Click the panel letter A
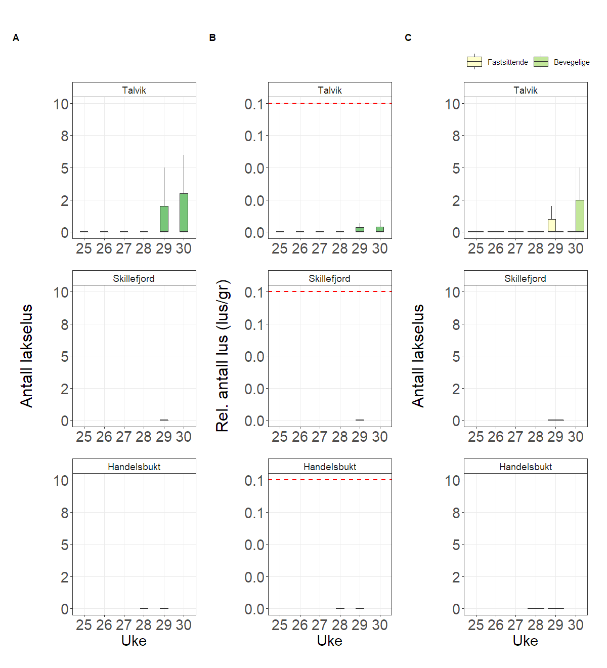click(x=16, y=38)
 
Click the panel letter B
click(x=212, y=38)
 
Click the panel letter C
click(x=408, y=38)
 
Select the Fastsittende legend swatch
click(x=474, y=62)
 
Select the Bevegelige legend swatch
click(x=541, y=62)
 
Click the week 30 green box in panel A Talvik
click(x=184, y=213)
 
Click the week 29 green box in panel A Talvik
click(x=164, y=219)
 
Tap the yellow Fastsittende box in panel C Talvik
click(x=552, y=225)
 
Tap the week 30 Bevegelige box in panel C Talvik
click(x=580, y=216)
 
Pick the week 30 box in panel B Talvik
click(x=380, y=229)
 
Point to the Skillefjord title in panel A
click(x=134, y=278)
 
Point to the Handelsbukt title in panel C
click(x=526, y=467)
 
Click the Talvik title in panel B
click(x=330, y=90)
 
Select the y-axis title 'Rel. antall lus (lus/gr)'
click(x=223, y=356)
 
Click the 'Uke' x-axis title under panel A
click(x=134, y=641)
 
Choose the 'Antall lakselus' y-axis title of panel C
click(x=418, y=356)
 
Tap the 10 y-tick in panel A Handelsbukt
click(x=61, y=480)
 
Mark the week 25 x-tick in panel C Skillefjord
click(x=475, y=437)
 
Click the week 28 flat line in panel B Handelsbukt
click(x=340, y=608)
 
